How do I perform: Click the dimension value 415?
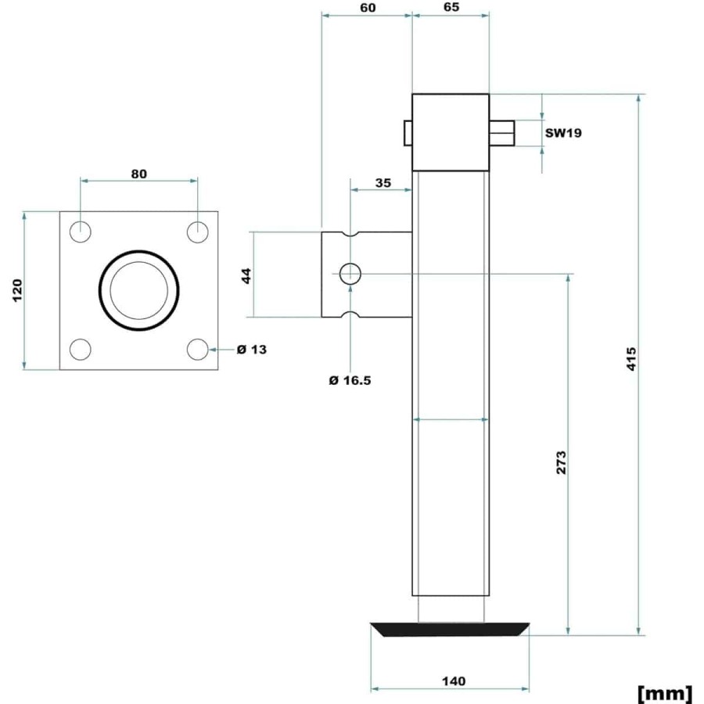point(631,358)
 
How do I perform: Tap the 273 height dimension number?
point(561,462)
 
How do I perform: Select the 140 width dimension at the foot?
point(454,681)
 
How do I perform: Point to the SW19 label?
point(563,133)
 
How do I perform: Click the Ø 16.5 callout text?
point(350,381)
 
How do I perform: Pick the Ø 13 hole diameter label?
point(251,350)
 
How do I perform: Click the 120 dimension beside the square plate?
point(17,290)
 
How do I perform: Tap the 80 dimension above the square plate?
point(138,174)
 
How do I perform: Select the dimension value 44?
point(246,275)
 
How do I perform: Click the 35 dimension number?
point(383,183)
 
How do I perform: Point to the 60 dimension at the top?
point(368,8)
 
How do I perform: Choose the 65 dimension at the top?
point(451,7)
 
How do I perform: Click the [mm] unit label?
point(664,693)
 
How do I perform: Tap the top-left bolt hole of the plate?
point(81,232)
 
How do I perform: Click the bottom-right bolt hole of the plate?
point(198,350)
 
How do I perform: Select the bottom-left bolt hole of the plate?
point(81,350)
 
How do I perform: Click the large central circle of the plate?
point(99,290)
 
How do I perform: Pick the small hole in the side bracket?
point(350,274)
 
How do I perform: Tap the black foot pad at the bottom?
point(450,630)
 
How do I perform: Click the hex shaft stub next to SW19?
point(501,133)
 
